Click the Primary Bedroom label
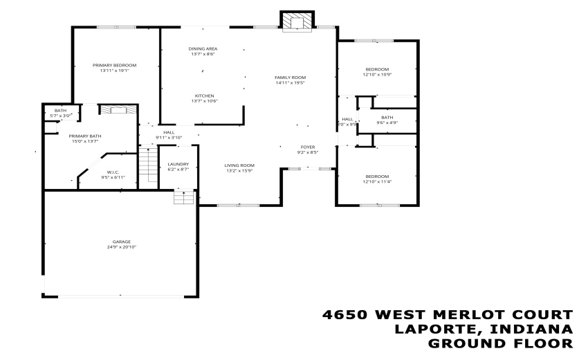pos(115,67)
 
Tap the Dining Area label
pos(203,52)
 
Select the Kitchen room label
pos(203,98)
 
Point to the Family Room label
pos(290,80)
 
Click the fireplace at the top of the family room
pos(297,21)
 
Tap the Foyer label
pos(308,150)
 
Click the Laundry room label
pos(178,167)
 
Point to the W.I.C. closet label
pos(113,174)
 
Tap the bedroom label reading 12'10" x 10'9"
pos(377,71)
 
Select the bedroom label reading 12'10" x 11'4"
pos(377,179)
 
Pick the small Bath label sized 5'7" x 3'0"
pos(59,113)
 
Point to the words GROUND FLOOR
pos(501,343)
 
